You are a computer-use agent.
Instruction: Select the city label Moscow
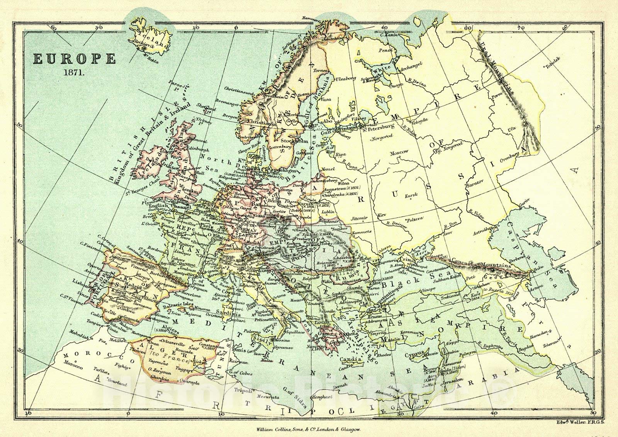click(399, 152)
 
